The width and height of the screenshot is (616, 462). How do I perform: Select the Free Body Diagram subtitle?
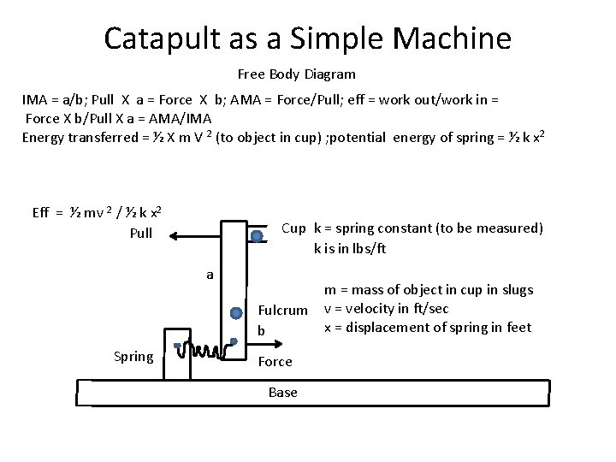click(296, 74)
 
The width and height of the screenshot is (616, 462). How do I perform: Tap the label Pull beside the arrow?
click(140, 233)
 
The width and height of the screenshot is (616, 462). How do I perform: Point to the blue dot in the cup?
click(257, 236)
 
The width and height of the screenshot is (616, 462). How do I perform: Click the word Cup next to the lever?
click(293, 228)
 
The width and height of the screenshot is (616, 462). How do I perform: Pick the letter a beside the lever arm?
click(210, 275)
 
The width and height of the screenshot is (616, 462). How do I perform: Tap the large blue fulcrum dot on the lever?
click(237, 313)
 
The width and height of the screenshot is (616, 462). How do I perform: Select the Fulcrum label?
click(282, 311)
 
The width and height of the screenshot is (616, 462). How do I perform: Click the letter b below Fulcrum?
click(262, 329)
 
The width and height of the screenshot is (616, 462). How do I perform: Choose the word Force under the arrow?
click(275, 362)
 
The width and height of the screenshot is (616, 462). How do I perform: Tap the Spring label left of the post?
click(133, 356)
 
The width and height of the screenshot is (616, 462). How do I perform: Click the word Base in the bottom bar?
click(282, 392)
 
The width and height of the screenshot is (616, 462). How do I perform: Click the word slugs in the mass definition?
click(515, 290)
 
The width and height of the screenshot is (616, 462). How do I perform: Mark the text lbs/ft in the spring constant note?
click(363, 249)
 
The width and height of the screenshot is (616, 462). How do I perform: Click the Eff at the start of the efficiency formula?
click(41, 213)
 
